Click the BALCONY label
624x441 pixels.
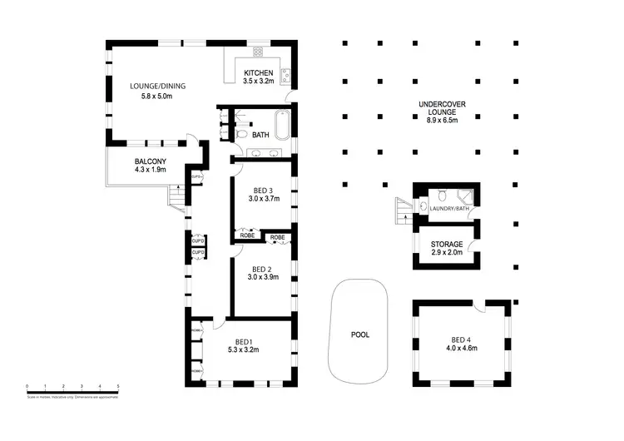pyautogui.click(x=151, y=161)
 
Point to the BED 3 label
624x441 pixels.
pyautogui.click(x=261, y=190)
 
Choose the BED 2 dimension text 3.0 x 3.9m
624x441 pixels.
pyautogui.click(x=261, y=277)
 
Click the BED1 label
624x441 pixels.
pyautogui.click(x=243, y=342)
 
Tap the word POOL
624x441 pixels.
pyautogui.click(x=360, y=335)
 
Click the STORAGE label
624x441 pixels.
pyautogui.click(x=446, y=244)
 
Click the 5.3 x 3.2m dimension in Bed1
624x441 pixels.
pyautogui.click(x=243, y=350)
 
